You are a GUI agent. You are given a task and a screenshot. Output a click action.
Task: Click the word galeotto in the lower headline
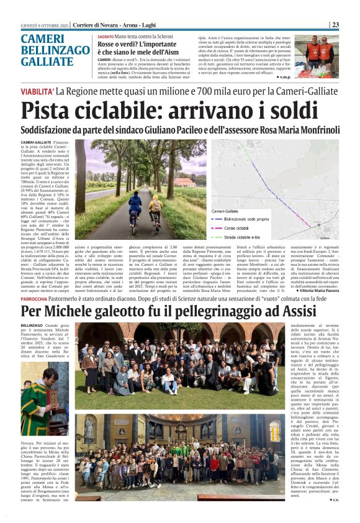[132, 311]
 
